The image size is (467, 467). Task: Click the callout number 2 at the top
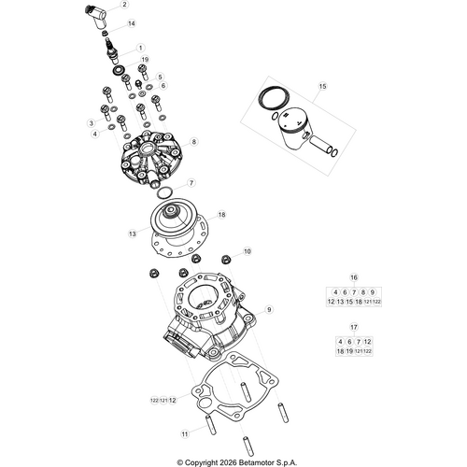tap(124, 4)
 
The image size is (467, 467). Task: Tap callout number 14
tap(130, 23)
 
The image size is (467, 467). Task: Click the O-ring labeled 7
tap(164, 191)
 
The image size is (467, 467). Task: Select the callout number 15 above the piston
tap(321, 86)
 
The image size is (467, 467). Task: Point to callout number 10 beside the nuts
tap(247, 251)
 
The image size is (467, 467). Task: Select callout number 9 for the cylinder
tap(269, 308)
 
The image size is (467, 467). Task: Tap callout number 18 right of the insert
tap(221, 214)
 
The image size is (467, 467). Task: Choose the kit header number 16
tap(354, 278)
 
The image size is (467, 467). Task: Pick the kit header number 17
tap(354, 327)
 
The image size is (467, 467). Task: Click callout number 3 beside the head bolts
tap(92, 122)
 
